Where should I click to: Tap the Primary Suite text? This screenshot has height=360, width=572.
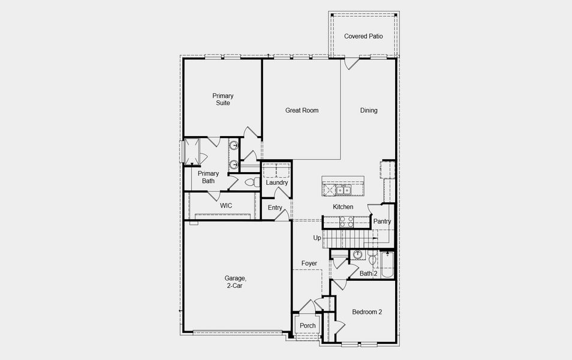click(x=222, y=99)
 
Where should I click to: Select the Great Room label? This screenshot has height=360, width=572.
click(x=302, y=110)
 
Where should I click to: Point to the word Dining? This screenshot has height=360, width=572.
click(x=369, y=110)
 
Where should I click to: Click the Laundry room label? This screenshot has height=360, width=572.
click(x=277, y=183)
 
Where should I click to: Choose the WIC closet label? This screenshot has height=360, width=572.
click(x=225, y=206)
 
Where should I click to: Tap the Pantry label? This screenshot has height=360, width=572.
click(x=382, y=221)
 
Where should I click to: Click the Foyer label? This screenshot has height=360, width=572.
click(x=309, y=263)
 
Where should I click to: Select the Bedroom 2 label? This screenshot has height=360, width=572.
click(x=367, y=312)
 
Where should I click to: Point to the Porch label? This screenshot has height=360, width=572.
click(x=308, y=326)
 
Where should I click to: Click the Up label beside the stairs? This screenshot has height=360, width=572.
click(x=317, y=238)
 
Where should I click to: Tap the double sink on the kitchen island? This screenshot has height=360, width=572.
click(x=344, y=190)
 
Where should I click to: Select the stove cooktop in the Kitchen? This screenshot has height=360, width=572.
click(x=346, y=221)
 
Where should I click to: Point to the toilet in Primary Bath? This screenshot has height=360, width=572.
click(x=252, y=182)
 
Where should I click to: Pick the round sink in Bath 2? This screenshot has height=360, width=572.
click(x=357, y=254)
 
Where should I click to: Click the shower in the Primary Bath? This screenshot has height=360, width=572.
click(x=192, y=151)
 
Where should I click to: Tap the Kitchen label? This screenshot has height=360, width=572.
click(x=343, y=207)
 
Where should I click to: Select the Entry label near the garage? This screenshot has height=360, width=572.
click(x=275, y=208)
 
